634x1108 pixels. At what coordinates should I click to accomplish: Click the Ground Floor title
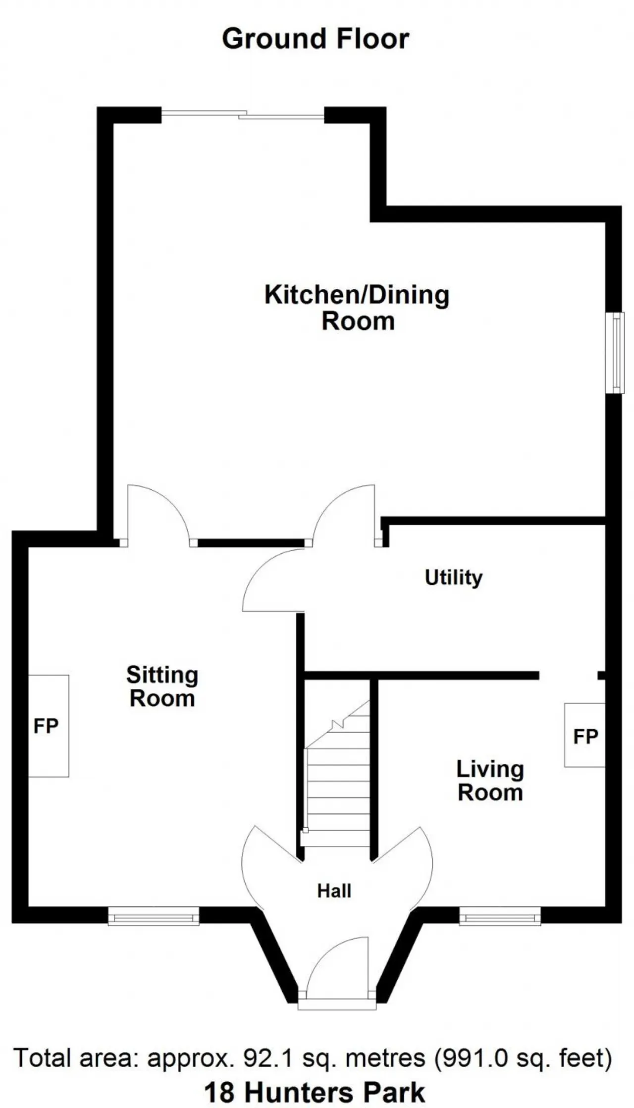click(316, 39)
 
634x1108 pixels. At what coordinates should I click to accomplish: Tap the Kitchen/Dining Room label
click(357, 308)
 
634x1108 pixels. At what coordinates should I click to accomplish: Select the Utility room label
click(454, 578)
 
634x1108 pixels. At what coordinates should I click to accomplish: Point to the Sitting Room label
click(162, 686)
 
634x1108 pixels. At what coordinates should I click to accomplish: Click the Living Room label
click(490, 781)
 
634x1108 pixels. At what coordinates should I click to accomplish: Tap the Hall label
click(334, 891)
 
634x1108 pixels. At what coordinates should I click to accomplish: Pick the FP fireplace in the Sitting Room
click(48, 726)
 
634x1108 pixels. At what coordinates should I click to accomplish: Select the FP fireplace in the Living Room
click(585, 735)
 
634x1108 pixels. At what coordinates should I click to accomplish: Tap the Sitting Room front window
click(154, 916)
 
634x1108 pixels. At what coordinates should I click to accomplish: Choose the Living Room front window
click(500, 916)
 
